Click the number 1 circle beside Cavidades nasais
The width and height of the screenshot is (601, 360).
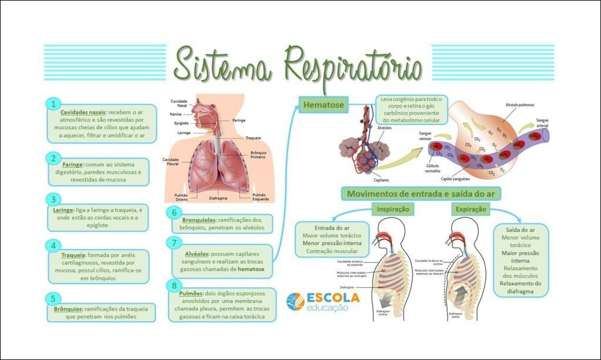[53, 104]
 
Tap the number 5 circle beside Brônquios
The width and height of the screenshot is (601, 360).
[53, 299]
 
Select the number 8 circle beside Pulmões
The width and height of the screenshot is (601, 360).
[174, 285]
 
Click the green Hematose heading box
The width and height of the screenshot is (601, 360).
[323, 105]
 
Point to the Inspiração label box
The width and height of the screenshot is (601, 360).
[392, 209]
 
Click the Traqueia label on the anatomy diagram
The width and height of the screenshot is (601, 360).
[254, 137]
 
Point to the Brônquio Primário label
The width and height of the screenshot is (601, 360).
[258, 155]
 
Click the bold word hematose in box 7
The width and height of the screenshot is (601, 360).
[251, 269]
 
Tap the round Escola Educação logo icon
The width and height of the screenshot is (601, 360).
[295, 302]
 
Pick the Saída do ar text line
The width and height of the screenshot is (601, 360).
[520, 230]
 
